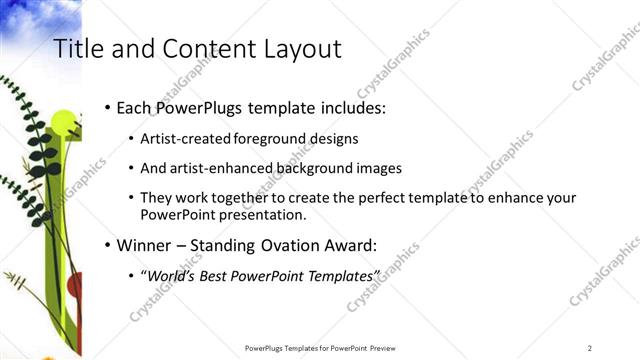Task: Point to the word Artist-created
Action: [182, 138]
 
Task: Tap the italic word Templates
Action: [343, 275]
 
